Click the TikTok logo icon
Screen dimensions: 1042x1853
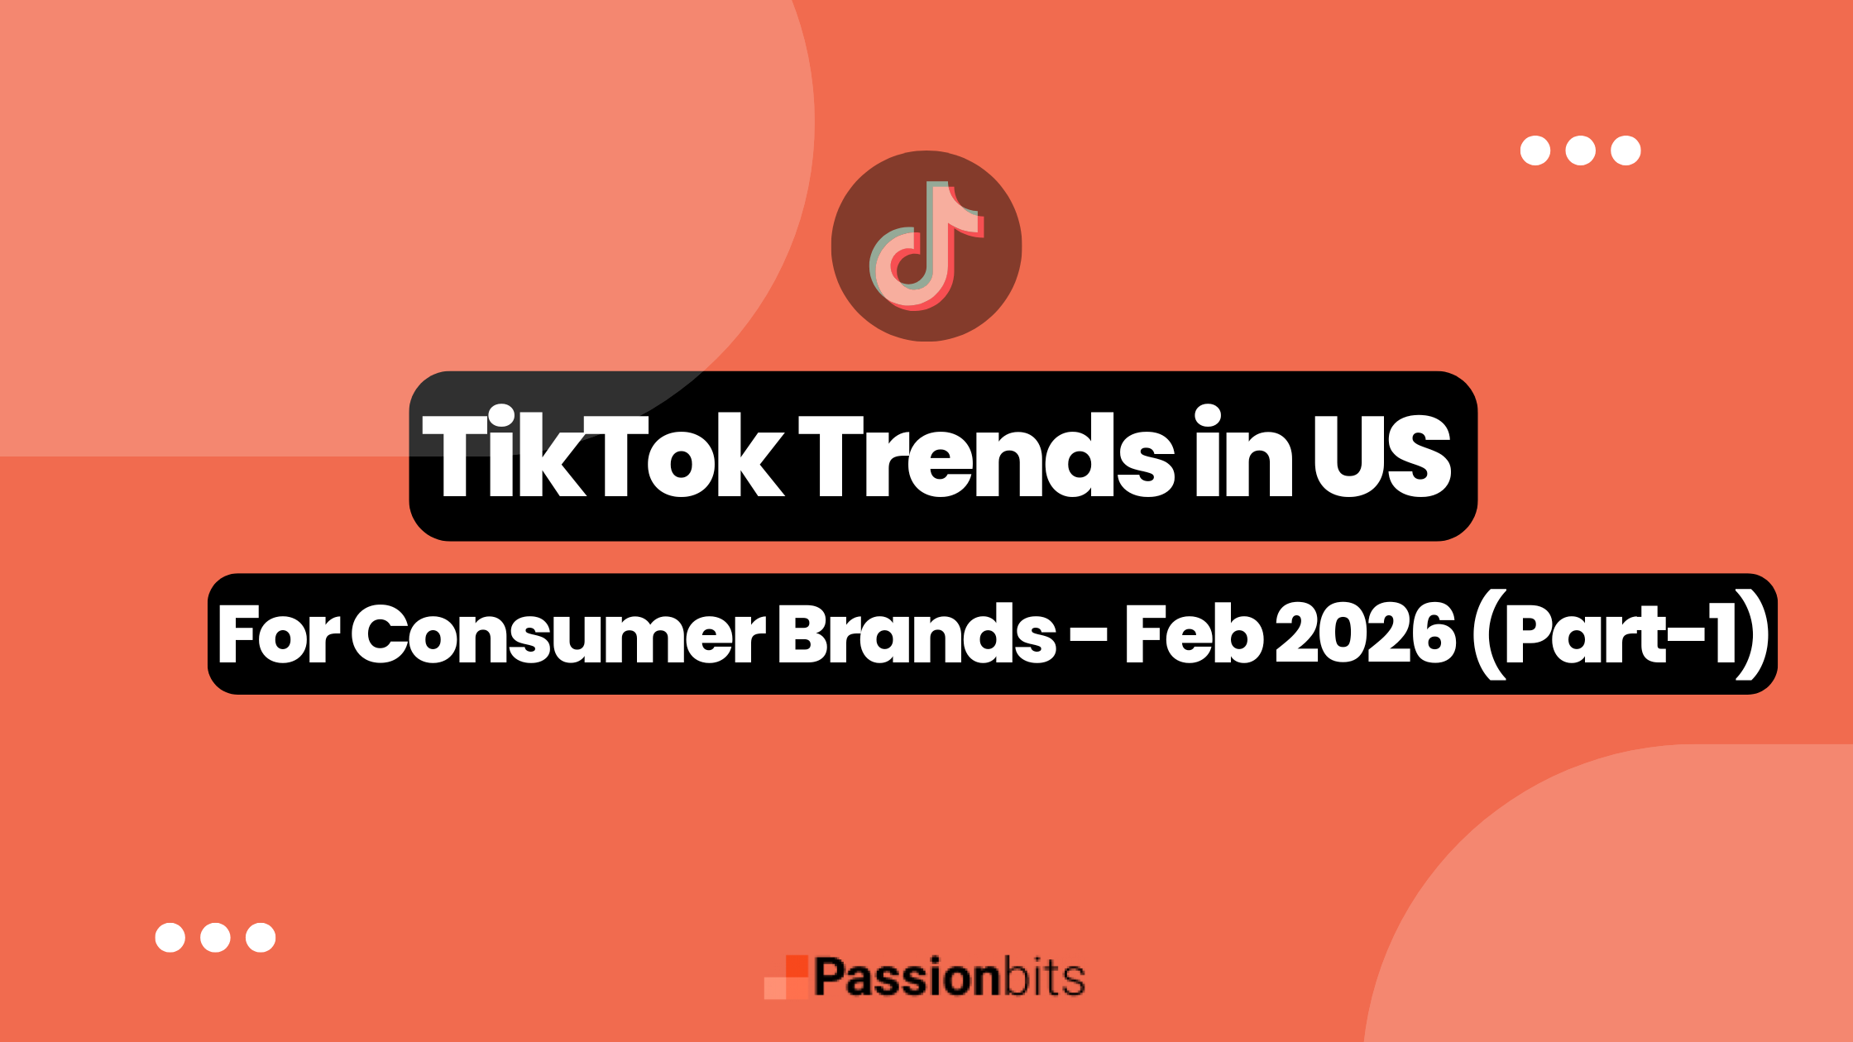point(926,246)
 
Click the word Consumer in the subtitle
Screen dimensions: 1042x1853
point(558,635)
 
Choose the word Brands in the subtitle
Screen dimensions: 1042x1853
point(917,635)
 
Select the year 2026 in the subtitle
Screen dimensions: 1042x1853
point(1365,635)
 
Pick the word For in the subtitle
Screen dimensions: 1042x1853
point(278,635)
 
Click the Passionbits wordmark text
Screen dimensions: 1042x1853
point(949,977)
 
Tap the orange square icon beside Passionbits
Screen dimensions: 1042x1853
point(786,977)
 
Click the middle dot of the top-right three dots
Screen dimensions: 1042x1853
point(1580,151)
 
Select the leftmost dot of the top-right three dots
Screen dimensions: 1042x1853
point(1535,151)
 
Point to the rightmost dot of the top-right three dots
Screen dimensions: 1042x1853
point(1626,151)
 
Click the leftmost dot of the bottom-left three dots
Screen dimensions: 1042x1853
point(170,937)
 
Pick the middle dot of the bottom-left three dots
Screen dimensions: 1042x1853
point(215,937)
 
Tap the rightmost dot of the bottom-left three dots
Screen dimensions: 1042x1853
point(261,937)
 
